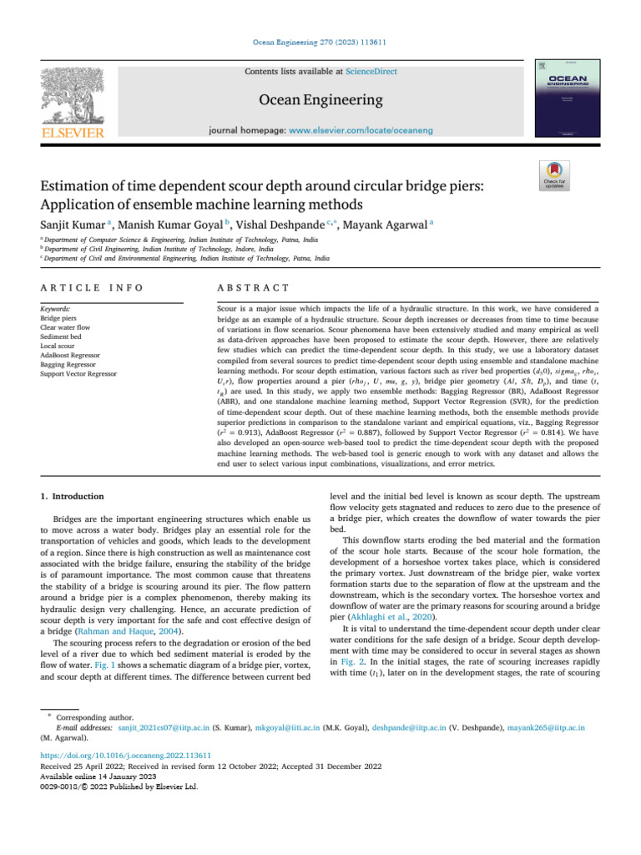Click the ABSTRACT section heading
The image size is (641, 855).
tap(241, 265)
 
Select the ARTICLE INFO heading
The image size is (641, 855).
tap(91, 265)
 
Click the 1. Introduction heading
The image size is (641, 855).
tap(73, 496)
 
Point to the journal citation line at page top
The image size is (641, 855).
tap(320, 42)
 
